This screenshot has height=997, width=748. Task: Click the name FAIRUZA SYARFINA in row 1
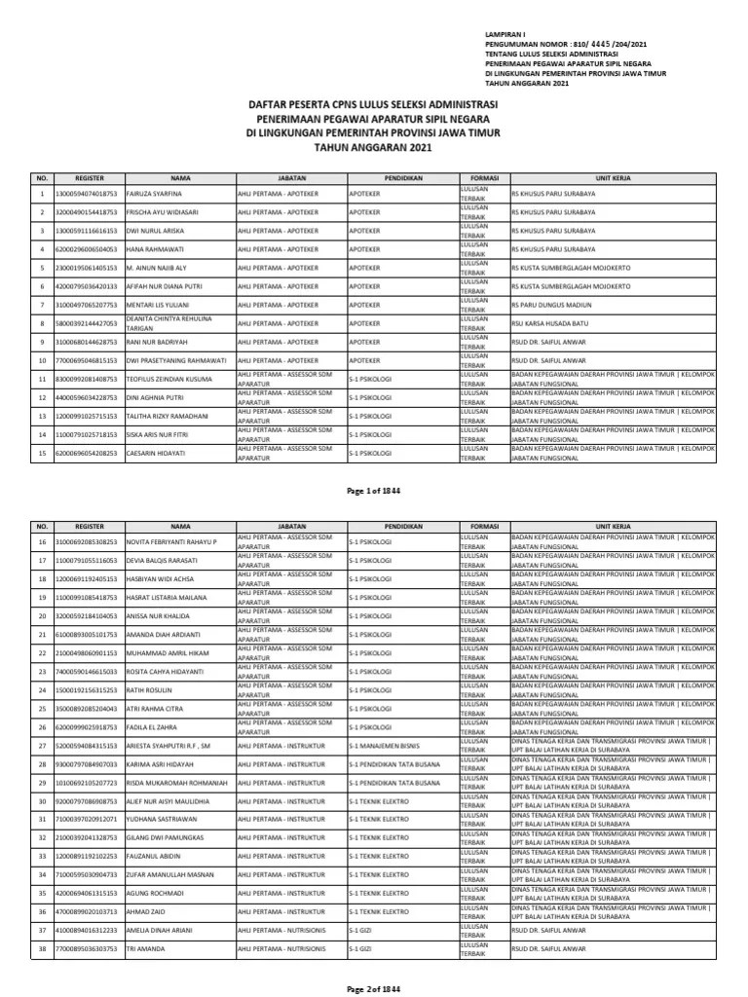155,194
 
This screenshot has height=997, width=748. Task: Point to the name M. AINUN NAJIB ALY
159,267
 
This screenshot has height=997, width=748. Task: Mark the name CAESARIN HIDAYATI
158,454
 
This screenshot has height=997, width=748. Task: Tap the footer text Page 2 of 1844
373,989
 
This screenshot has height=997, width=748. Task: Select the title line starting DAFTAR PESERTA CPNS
373,105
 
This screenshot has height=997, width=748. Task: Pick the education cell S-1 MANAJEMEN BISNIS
390,746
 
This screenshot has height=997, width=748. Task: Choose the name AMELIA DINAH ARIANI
158,930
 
